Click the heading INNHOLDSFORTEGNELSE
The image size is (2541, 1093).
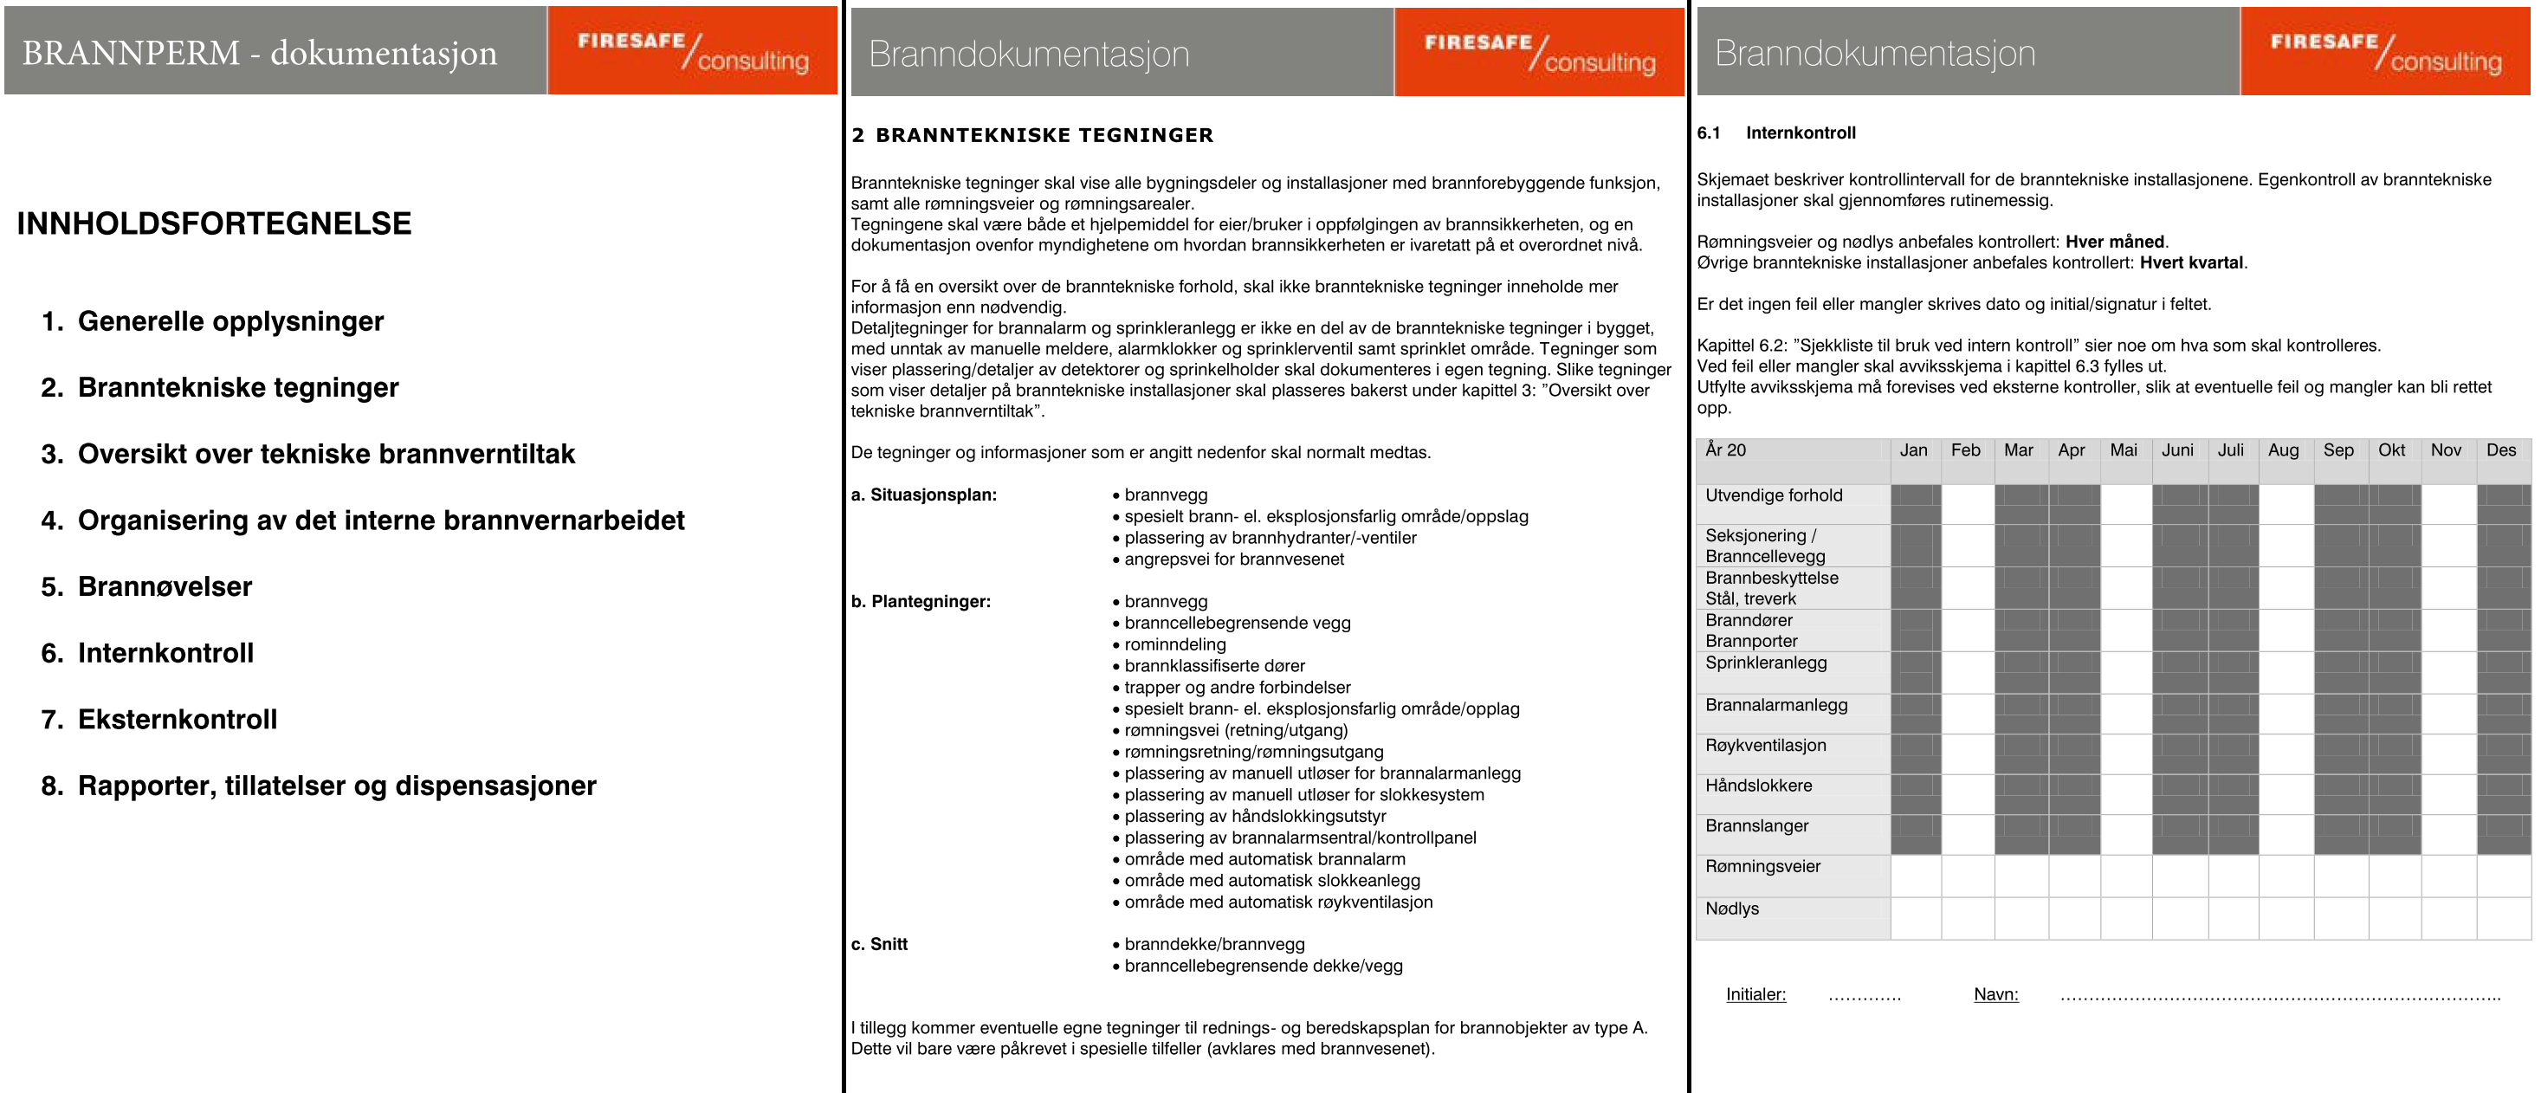pos(214,224)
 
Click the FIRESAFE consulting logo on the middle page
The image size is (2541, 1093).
pos(1539,52)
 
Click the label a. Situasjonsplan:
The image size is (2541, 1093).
pos(923,495)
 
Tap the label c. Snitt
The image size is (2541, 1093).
pos(879,944)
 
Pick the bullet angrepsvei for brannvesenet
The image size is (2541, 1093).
pos(1233,559)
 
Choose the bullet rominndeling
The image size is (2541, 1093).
pos(1174,644)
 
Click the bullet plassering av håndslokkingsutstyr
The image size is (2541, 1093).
pos(1255,816)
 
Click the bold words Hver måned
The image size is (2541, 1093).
pos(2114,242)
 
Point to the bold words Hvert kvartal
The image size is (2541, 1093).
pos(2191,262)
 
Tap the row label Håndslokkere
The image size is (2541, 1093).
pos(1758,786)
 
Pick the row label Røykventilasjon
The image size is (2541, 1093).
pos(1765,746)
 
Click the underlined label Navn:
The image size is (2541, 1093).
pos(1995,994)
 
